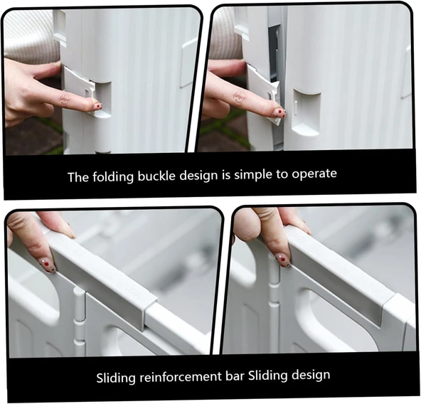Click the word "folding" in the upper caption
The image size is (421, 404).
coord(113,177)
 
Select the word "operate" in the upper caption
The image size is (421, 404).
coord(314,174)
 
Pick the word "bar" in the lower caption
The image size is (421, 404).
coord(237,376)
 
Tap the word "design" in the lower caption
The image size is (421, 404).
coord(311,375)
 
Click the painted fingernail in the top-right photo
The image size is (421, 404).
coord(279,112)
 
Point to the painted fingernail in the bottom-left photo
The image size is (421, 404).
coord(48,265)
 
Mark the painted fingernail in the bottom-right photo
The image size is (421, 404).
coord(283,260)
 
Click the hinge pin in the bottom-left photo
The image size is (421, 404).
coord(79,319)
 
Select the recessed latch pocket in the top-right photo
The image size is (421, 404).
coord(306,111)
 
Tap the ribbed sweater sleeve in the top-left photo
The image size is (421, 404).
coord(30,36)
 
